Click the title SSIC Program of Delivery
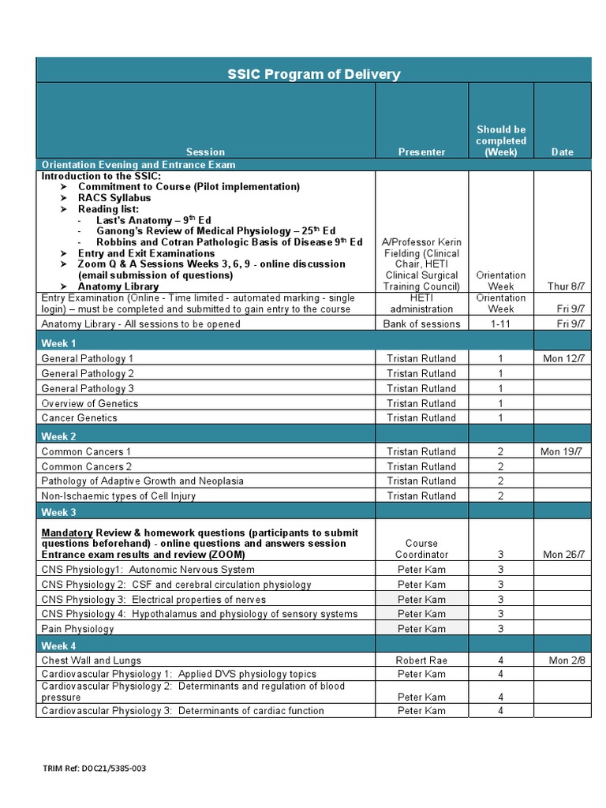point(314,74)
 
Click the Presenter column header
point(421,151)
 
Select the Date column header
point(562,151)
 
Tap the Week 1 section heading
point(59,343)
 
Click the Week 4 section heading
point(59,645)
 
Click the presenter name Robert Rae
point(421,660)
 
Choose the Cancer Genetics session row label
point(79,417)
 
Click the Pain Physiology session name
point(77,629)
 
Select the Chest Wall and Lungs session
point(92,660)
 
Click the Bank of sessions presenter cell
point(421,324)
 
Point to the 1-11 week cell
point(500,324)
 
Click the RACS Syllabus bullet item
point(114,197)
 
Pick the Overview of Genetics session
point(89,403)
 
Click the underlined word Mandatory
point(67,533)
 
